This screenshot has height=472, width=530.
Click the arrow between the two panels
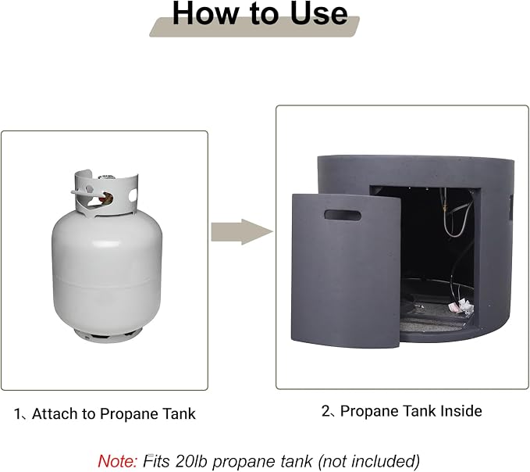(x=242, y=232)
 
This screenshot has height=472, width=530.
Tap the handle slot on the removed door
(x=343, y=215)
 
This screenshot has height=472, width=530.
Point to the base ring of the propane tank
(x=107, y=335)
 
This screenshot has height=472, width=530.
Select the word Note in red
(x=117, y=461)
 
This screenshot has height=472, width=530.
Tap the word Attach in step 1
(x=55, y=413)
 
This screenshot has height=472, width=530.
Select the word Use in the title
(x=318, y=13)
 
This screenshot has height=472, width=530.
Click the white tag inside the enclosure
(x=461, y=306)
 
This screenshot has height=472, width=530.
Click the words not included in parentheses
(x=368, y=461)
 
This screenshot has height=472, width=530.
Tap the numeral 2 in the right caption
(x=325, y=411)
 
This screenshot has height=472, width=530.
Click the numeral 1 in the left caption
(x=17, y=414)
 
